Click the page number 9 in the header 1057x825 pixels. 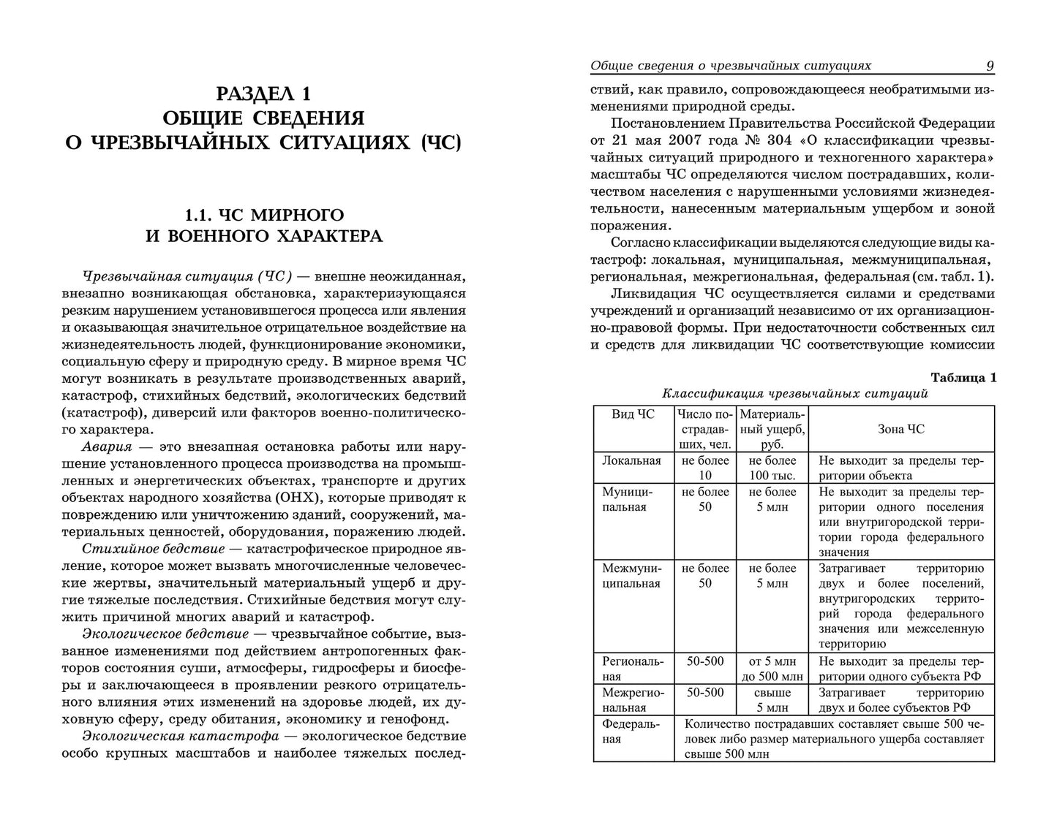tap(989, 66)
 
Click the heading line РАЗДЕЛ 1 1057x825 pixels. tap(263, 93)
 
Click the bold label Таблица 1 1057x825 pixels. tap(963, 377)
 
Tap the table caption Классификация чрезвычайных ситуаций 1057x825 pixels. tap(794, 393)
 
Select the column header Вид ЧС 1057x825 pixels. tap(633, 414)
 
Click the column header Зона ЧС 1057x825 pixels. tap(900, 429)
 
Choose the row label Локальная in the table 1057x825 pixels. tap(631, 460)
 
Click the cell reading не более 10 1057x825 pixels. tap(705, 468)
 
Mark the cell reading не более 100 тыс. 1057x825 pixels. tap(772, 468)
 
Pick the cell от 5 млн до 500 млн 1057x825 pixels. tap(772, 669)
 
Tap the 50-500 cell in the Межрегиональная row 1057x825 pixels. tap(705, 692)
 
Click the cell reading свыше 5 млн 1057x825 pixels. tap(772, 699)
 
